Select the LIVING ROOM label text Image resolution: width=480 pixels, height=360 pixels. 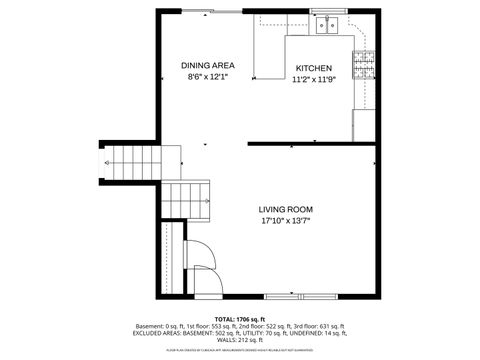(287, 209)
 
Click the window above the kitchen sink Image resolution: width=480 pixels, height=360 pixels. (325, 11)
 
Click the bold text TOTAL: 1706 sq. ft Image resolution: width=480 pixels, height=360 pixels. (240, 318)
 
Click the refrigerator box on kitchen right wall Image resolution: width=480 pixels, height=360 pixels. (365, 124)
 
